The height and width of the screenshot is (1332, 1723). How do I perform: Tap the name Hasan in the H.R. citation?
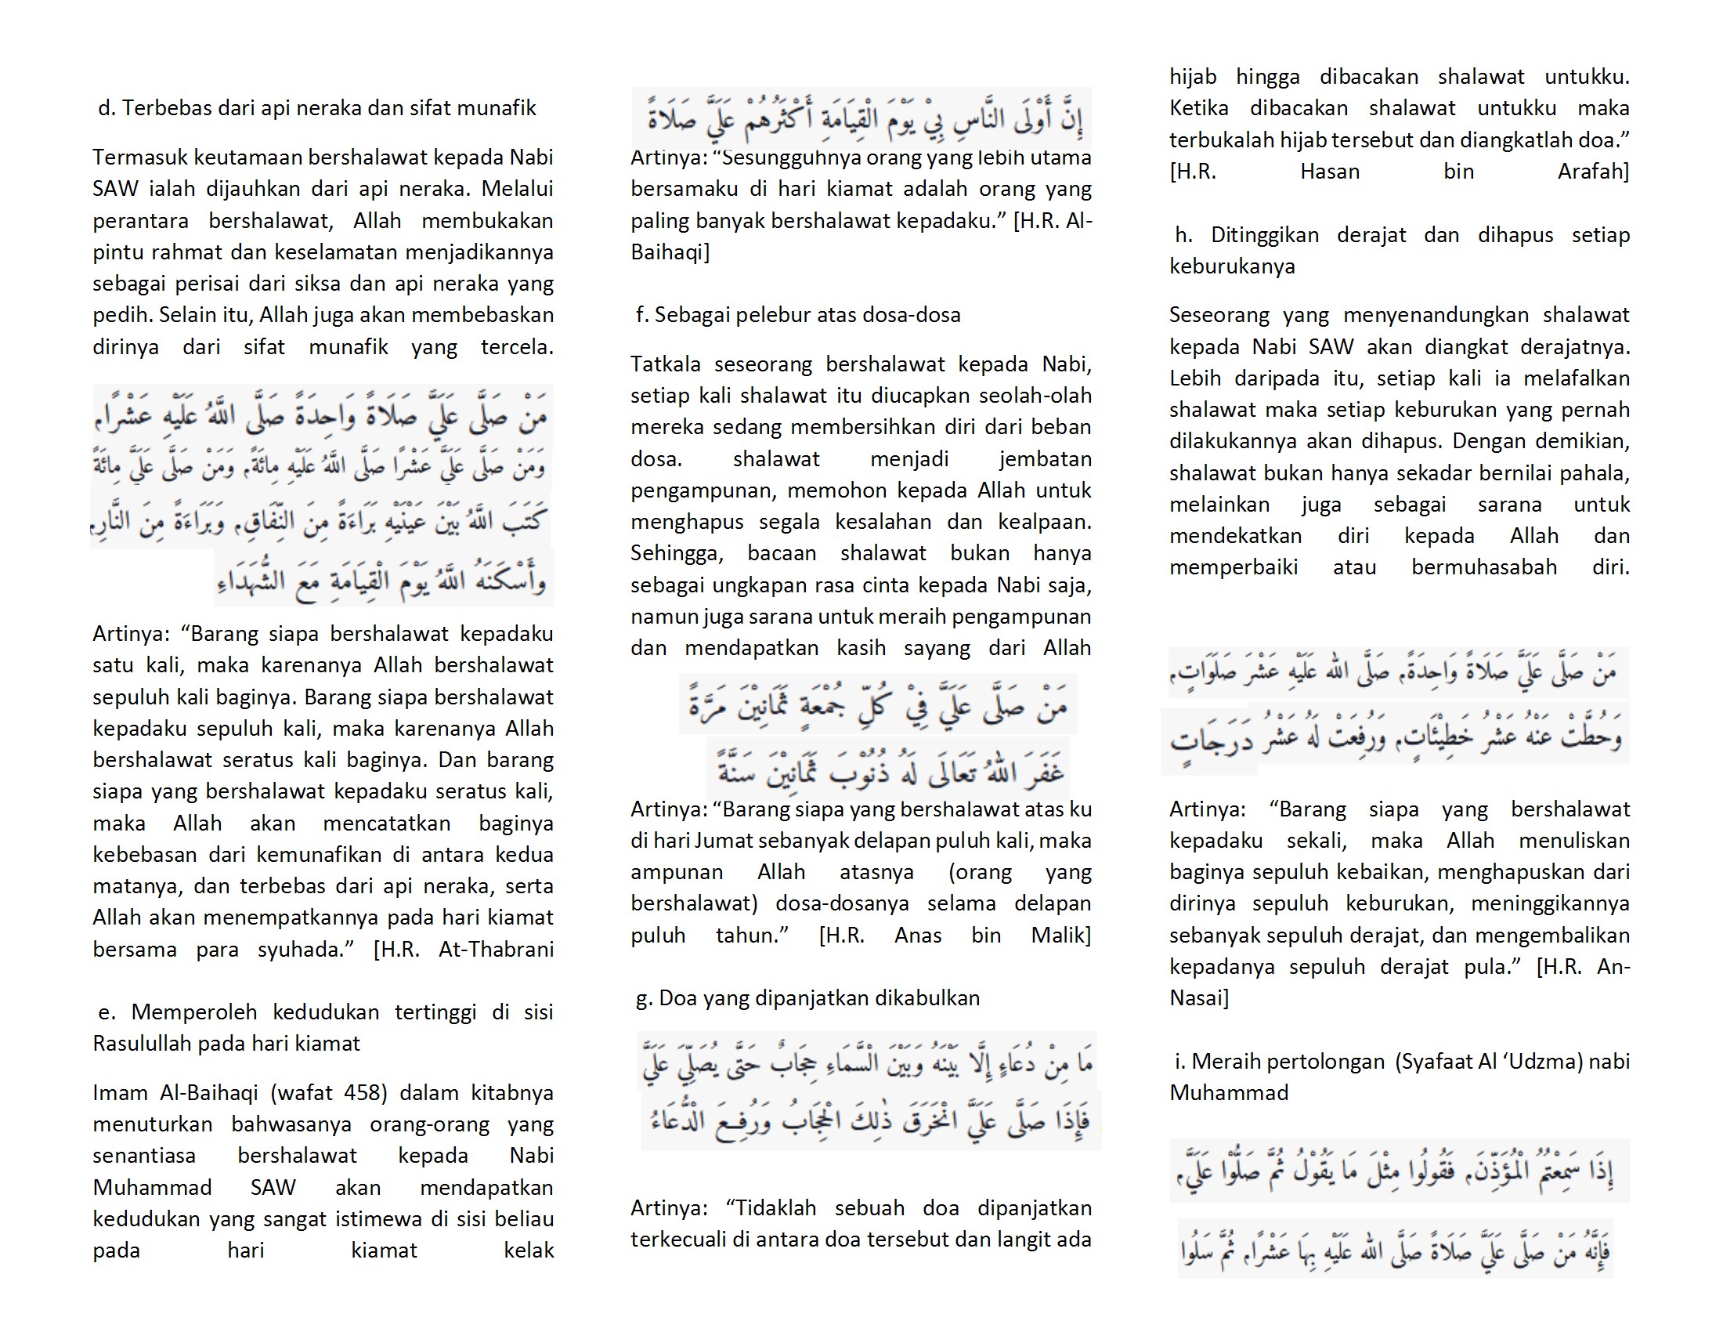1329,172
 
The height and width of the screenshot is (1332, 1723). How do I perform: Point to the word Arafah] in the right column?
1593,172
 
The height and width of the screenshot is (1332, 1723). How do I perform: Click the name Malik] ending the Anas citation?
1060,936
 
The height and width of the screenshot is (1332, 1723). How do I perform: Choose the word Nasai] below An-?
1198,998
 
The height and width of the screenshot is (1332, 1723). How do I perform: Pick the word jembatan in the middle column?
1045,459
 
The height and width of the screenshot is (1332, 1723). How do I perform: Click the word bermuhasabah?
1483,567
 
